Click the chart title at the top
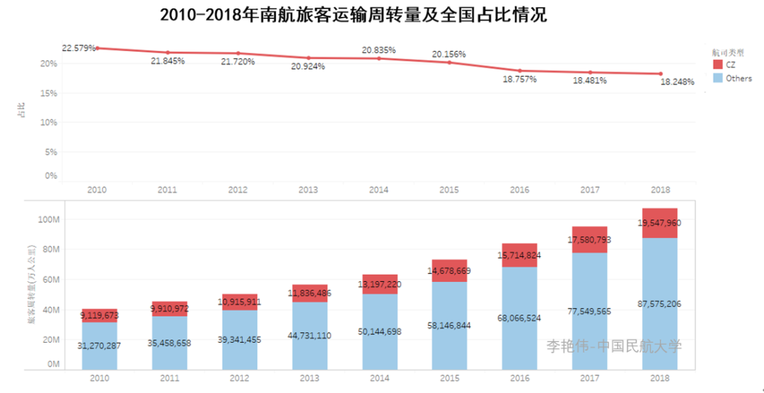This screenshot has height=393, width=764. point(353,15)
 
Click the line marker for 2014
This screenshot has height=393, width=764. point(378,58)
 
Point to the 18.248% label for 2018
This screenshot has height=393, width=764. point(677,82)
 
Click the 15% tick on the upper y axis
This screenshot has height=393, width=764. point(47,93)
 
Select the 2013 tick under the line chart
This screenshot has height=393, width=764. point(308,190)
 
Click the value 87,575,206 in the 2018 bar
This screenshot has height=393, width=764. point(660,304)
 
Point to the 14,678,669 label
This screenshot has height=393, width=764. point(449,270)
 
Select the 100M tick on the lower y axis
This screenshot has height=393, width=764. point(47,220)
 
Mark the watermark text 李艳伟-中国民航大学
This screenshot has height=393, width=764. point(613,346)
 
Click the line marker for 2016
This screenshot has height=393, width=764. point(519,71)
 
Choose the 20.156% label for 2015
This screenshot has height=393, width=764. point(449,54)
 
